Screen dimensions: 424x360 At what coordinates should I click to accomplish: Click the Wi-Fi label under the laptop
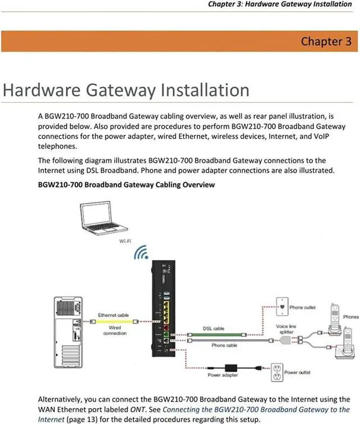[125, 241]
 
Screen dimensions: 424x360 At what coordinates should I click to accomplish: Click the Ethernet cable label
[115, 315]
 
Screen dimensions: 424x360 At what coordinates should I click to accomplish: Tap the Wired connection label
[115, 330]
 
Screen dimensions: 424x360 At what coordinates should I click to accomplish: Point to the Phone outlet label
[303, 308]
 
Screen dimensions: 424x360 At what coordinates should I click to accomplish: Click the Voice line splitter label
[286, 330]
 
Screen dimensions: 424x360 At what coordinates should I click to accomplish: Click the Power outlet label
[298, 372]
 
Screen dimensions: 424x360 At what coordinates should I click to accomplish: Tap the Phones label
[350, 317]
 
